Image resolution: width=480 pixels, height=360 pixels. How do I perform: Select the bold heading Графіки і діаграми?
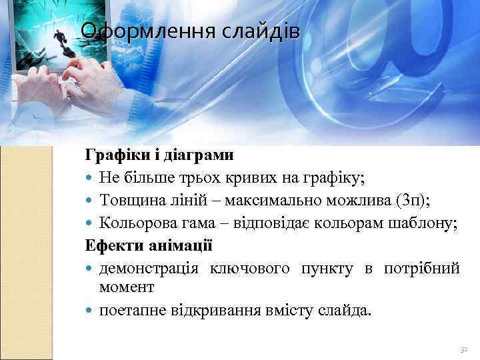(159, 155)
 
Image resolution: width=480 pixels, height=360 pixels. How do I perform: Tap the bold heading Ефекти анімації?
(148, 246)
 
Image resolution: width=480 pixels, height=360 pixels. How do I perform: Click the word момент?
(127, 287)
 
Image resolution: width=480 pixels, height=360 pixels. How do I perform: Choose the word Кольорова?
(132, 223)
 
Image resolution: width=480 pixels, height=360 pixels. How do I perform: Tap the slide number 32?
(464, 349)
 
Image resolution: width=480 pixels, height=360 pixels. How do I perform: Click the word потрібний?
(421, 268)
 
